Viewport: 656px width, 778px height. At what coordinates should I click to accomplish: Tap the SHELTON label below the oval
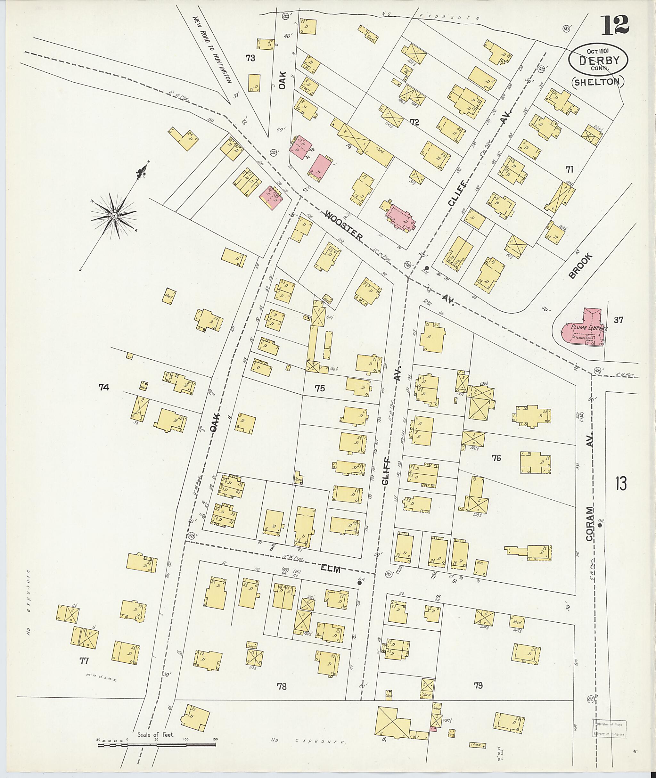[x=598, y=82]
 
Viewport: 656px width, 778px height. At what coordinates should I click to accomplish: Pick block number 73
[x=250, y=58]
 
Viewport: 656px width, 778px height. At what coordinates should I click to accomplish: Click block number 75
[x=319, y=388]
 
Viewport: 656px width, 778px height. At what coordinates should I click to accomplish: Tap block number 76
[x=496, y=458]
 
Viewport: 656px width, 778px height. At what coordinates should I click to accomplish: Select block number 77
[x=84, y=671]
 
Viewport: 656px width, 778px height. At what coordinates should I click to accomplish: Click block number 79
[x=478, y=685]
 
